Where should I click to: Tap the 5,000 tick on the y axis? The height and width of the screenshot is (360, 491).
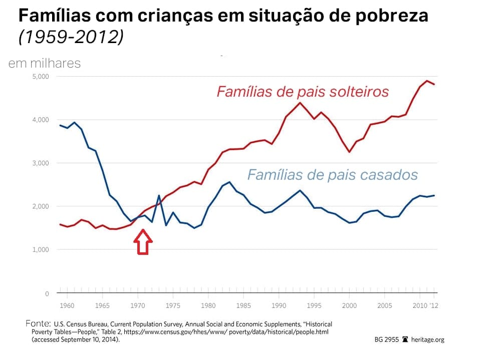pyautogui.click(x=40, y=77)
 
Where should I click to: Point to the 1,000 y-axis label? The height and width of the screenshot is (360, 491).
pyautogui.click(x=40, y=250)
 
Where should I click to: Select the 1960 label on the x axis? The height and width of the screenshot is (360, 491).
pyautogui.click(x=67, y=305)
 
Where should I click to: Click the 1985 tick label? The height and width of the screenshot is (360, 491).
pyautogui.click(x=243, y=305)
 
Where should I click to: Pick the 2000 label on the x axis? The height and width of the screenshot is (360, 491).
pyautogui.click(x=349, y=305)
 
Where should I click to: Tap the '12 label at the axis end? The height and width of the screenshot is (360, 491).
pyautogui.click(x=434, y=305)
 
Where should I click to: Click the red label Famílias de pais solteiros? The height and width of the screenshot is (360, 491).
pyautogui.click(x=303, y=92)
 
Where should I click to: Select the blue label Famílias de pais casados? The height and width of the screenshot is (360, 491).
pyautogui.click(x=332, y=175)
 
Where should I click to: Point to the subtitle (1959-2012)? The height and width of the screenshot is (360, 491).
pyautogui.click(x=71, y=38)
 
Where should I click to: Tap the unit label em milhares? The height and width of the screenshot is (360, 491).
pyautogui.click(x=44, y=64)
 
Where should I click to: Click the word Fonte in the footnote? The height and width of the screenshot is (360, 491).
pyautogui.click(x=38, y=323)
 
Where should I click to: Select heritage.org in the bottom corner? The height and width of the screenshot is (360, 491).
pyautogui.click(x=427, y=339)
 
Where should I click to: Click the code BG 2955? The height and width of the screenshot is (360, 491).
pyautogui.click(x=386, y=339)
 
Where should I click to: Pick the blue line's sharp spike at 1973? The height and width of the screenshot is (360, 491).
pyautogui.click(x=159, y=195)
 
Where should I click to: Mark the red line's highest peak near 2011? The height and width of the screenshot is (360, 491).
pyautogui.click(x=427, y=81)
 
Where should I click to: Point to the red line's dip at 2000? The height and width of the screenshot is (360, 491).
pyautogui.click(x=349, y=152)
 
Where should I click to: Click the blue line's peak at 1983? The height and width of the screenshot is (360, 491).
pyautogui.click(x=229, y=182)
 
